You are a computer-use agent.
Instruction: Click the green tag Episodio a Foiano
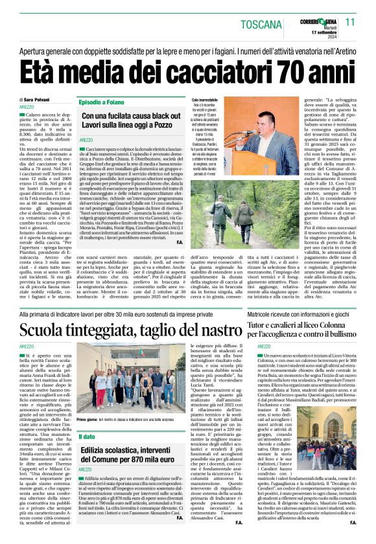point(102,102)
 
